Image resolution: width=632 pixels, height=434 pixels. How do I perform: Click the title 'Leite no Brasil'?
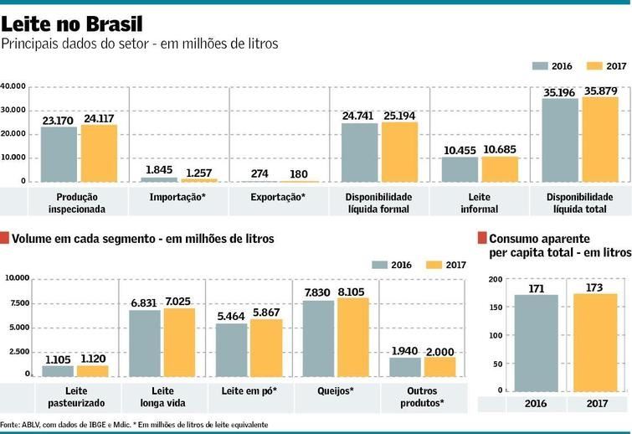pyautogui.click(x=71, y=23)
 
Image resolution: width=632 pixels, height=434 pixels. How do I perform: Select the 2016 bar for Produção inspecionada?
pyautogui.click(x=59, y=154)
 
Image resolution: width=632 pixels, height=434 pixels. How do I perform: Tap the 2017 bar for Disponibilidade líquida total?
pyautogui.click(x=600, y=140)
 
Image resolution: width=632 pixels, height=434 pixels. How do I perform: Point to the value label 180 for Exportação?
pyautogui.click(x=300, y=173)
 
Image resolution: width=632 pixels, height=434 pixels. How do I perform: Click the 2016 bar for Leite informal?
pyautogui.click(x=460, y=169)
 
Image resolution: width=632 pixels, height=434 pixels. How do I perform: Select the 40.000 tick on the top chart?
pyautogui.click(x=13, y=86)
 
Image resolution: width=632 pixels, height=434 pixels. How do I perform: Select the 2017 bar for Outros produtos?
pyautogui.click(x=440, y=367)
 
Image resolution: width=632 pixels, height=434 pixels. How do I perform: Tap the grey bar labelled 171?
pyautogui.click(x=536, y=343)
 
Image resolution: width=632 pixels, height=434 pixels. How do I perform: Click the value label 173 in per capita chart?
pyautogui.click(x=594, y=287)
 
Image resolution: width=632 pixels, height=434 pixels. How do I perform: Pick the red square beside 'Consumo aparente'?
pyautogui.click(x=481, y=238)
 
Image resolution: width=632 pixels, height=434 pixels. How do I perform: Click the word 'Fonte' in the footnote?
pyautogui.click(x=10, y=425)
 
